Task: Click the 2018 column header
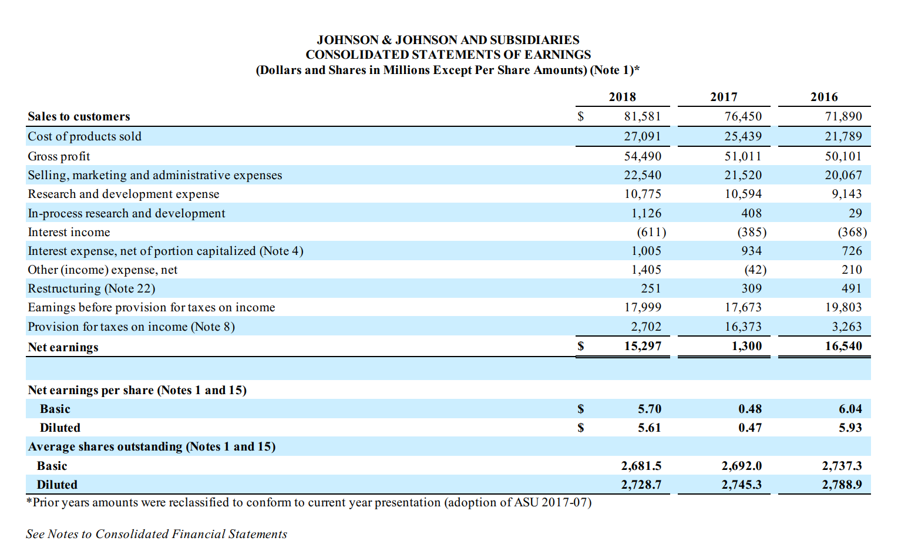(622, 97)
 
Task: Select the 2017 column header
(724, 97)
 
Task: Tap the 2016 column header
(824, 97)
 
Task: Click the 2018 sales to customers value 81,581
(643, 116)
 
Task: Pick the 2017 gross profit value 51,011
(743, 156)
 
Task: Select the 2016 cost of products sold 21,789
(843, 136)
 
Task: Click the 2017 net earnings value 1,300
(746, 346)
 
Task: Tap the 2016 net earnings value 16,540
(843, 346)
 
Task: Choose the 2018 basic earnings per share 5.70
(650, 409)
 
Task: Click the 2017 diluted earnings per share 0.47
(750, 428)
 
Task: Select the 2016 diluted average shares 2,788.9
(842, 485)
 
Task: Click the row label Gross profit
(59, 156)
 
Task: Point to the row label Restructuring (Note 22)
(92, 288)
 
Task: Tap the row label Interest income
(69, 232)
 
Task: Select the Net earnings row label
(63, 347)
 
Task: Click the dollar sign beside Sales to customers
(581, 116)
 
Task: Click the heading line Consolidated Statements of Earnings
(448, 55)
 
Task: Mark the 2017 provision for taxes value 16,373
(743, 327)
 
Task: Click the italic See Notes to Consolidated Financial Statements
(156, 534)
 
